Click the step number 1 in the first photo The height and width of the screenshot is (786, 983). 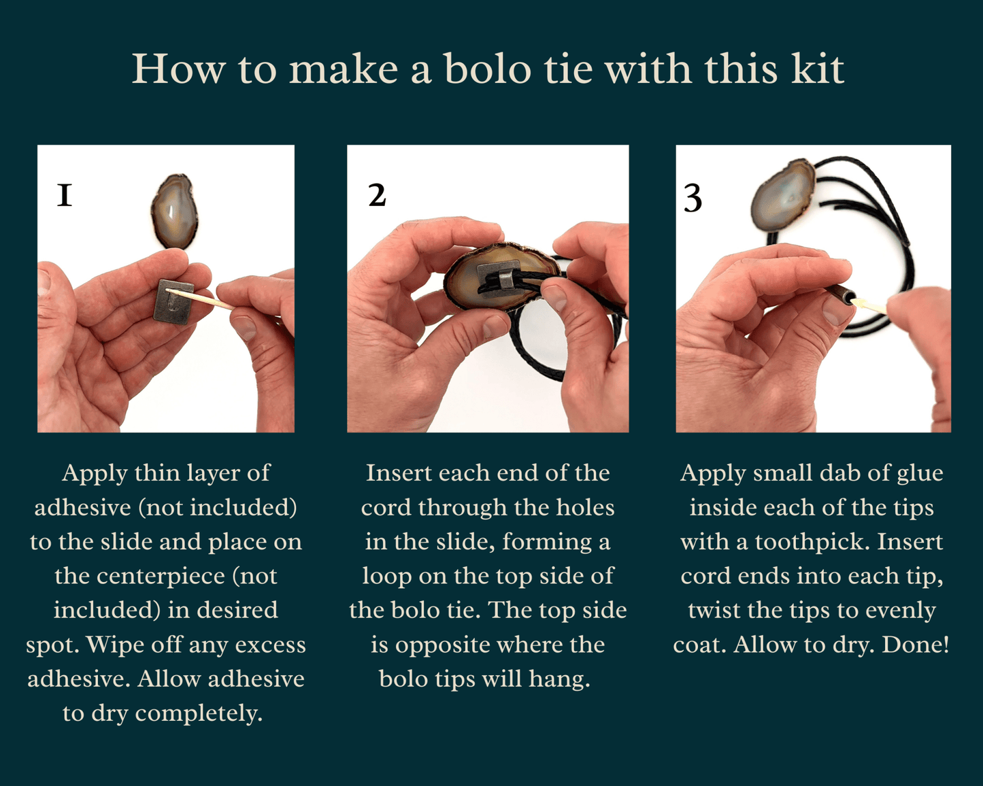pos(65,195)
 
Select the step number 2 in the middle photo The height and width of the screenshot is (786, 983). pos(377,195)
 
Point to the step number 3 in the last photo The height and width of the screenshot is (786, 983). pos(693,199)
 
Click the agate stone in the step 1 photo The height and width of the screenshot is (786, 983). pos(175,211)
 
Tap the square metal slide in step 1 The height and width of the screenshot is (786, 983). pos(173,302)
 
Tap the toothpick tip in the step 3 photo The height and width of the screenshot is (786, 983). pos(859,302)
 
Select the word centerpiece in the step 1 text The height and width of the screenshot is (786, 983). pos(161,576)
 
